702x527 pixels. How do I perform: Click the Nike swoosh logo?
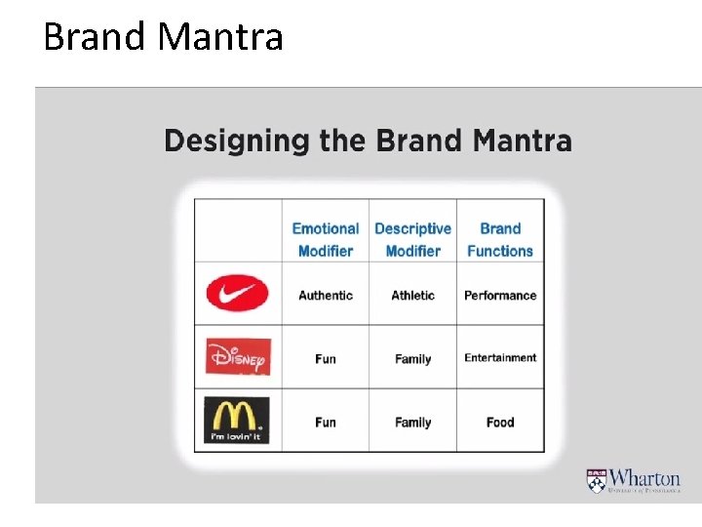pyautogui.click(x=237, y=293)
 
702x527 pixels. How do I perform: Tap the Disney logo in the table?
pyautogui.click(x=238, y=356)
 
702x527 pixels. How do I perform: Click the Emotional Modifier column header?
pyautogui.click(x=326, y=239)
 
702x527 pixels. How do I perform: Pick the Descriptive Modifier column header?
pyautogui.click(x=412, y=239)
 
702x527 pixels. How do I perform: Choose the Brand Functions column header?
pyautogui.click(x=500, y=239)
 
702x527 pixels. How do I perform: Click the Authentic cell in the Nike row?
pyautogui.click(x=326, y=295)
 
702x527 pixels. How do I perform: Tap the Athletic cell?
pyautogui.click(x=412, y=295)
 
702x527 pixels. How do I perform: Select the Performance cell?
pyautogui.click(x=500, y=295)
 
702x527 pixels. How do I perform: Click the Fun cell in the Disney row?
pyautogui.click(x=326, y=358)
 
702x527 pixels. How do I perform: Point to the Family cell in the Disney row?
pyautogui.click(x=412, y=358)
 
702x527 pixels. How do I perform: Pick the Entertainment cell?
pyautogui.click(x=500, y=357)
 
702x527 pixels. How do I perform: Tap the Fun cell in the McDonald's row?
pyautogui.click(x=326, y=422)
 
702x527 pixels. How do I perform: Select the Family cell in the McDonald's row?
pyautogui.click(x=412, y=422)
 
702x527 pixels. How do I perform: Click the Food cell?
pyautogui.click(x=500, y=422)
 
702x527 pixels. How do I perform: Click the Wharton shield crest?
pyautogui.click(x=596, y=480)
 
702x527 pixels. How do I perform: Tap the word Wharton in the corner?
pyautogui.click(x=645, y=477)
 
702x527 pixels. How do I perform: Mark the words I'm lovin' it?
pyautogui.click(x=237, y=436)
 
